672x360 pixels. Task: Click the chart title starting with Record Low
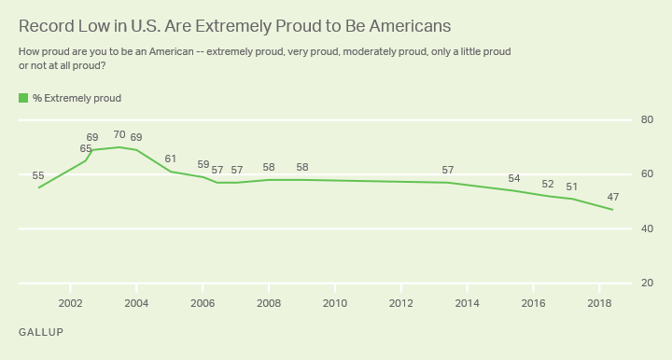[x=216, y=25]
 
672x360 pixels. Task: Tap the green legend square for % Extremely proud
[x=23, y=98]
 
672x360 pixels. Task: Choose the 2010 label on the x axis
[x=335, y=303]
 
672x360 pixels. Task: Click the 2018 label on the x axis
[x=599, y=303]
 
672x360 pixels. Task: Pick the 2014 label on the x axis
[x=468, y=303]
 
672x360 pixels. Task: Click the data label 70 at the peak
[x=119, y=134]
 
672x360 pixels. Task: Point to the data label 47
[x=612, y=197]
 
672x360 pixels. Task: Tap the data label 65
[x=86, y=148]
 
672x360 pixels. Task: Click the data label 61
[x=170, y=159]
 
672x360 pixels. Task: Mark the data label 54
[x=514, y=178]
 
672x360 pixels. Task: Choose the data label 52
[x=548, y=184]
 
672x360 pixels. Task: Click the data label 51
[x=572, y=187]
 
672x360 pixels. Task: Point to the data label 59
[x=203, y=164]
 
